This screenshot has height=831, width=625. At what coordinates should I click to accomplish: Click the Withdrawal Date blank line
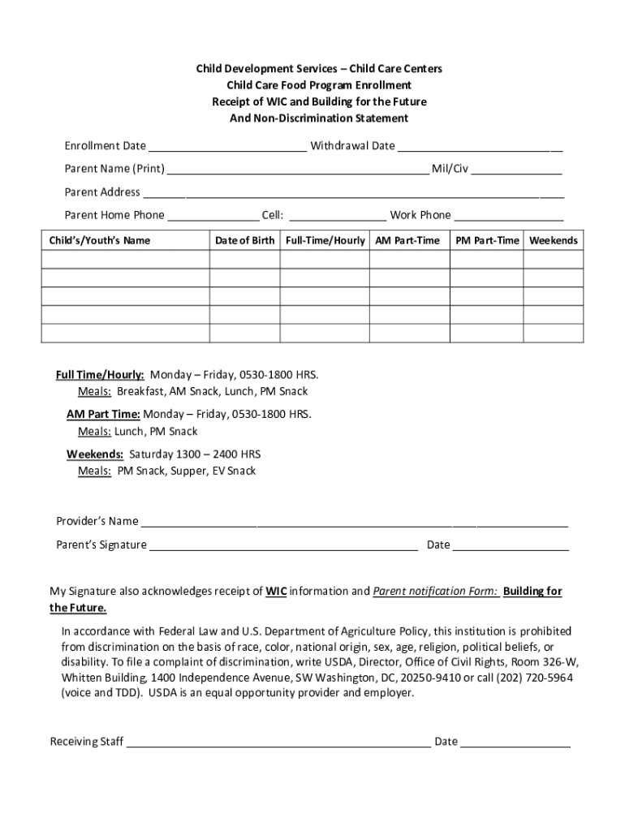click(480, 148)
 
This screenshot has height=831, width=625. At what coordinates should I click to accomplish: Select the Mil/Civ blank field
click(516, 170)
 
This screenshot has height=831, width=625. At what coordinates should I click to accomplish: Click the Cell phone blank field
click(338, 217)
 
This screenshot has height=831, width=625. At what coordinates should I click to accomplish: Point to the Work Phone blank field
click(509, 217)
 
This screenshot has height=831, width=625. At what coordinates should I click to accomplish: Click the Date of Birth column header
click(244, 241)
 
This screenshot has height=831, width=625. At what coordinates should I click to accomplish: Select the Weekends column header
click(553, 241)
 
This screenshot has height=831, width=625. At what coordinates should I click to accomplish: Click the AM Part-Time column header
click(407, 241)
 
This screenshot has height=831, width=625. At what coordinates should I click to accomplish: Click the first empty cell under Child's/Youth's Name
click(125, 259)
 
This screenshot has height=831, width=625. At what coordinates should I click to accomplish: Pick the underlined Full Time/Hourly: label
click(100, 375)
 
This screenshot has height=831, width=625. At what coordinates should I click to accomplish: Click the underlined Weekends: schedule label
click(95, 454)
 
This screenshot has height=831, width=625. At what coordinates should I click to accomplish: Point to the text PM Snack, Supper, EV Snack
click(187, 471)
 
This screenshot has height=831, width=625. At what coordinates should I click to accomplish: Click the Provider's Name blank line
click(354, 522)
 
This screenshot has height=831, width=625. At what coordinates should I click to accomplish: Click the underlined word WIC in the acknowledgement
click(276, 592)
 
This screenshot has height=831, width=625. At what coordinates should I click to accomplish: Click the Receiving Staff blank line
click(278, 743)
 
